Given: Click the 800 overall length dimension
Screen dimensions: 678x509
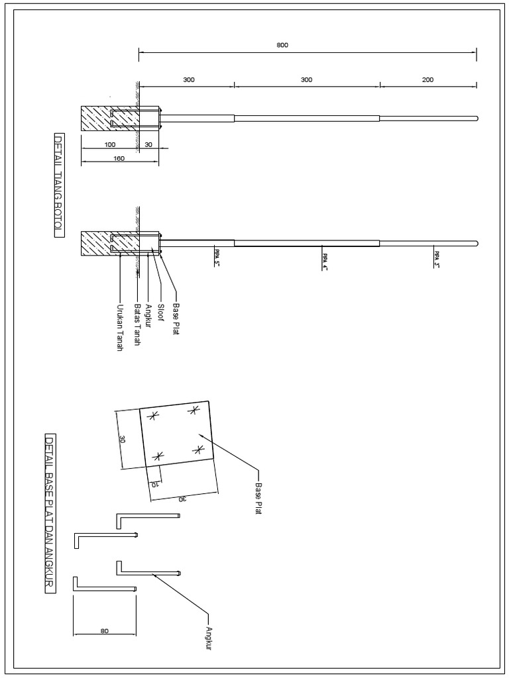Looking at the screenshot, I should coord(283,46).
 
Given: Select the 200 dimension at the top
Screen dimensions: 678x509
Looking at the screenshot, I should coord(427,79).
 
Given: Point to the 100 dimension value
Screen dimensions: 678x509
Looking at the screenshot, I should coord(109,144).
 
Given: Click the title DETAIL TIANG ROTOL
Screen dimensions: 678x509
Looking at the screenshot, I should coord(58,185).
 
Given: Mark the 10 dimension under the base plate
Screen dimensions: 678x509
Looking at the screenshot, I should coord(154,484).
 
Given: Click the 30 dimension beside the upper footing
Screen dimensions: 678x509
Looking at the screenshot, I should coord(148,144).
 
